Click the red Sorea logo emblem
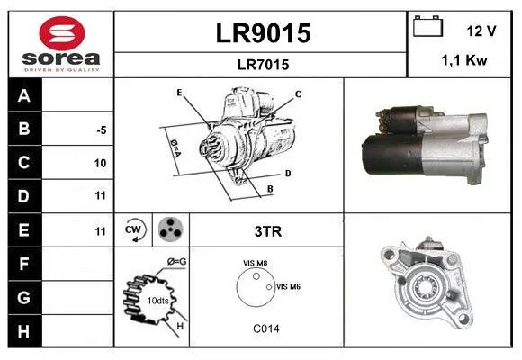pos(62,33)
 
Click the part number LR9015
pos(263,33)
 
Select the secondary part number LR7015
pos(263,65)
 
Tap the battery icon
pos(427,26)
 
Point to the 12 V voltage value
pos(481,31)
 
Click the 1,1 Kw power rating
pos(464,60)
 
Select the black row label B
pos(24,129)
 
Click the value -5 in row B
pos(102,130)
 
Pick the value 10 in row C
pos(100,163)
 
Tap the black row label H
pos(23,331)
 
